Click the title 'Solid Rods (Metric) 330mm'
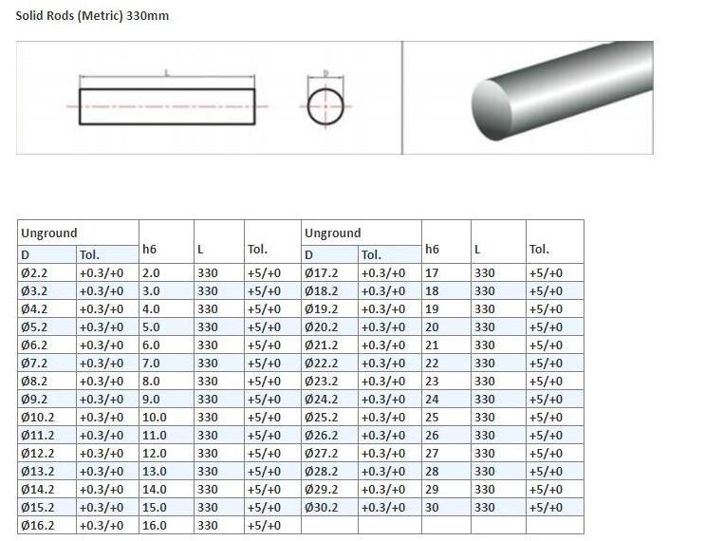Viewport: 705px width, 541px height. point(92,16)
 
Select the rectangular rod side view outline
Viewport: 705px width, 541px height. point(167,89)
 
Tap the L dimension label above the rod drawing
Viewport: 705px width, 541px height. point(167,72)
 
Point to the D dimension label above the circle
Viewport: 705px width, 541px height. point(326,73)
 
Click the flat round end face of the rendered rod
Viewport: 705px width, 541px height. point(492,109)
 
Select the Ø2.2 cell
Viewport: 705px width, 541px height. point(47,272)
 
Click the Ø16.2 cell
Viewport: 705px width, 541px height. point(47,525)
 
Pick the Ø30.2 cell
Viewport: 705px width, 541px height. point(329,507)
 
